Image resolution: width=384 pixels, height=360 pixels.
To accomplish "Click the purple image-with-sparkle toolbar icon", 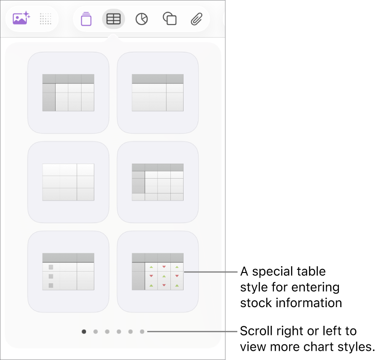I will (21, 19).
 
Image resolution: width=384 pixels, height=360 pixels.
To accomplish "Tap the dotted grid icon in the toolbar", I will (46, 19).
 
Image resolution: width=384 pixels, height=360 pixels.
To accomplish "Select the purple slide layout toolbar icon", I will (86, 19).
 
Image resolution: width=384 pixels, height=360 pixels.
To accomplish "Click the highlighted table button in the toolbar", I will (113, 19).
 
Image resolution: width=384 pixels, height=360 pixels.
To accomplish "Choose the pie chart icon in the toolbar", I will (142, 19).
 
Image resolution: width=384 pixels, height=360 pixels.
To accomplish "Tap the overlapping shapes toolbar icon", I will (169, 19).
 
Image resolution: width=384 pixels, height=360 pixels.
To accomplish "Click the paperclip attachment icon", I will (196, 19).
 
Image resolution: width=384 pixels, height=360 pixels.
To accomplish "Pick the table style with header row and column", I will (68, 93).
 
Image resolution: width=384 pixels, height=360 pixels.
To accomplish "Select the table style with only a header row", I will (158, 93).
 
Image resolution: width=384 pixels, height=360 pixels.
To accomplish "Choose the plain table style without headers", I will (68, 182).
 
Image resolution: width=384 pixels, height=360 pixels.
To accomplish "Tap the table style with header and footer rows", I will (158, 182).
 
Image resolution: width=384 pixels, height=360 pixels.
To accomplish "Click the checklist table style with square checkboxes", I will (68, 272).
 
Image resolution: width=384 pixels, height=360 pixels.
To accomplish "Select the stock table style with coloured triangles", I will (158, 272).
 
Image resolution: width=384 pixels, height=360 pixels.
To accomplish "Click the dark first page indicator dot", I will (84, 332).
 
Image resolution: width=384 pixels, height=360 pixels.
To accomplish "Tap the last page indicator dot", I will (142, 332).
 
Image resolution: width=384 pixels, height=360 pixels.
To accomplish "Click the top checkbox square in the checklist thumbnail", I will (51, 267).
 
